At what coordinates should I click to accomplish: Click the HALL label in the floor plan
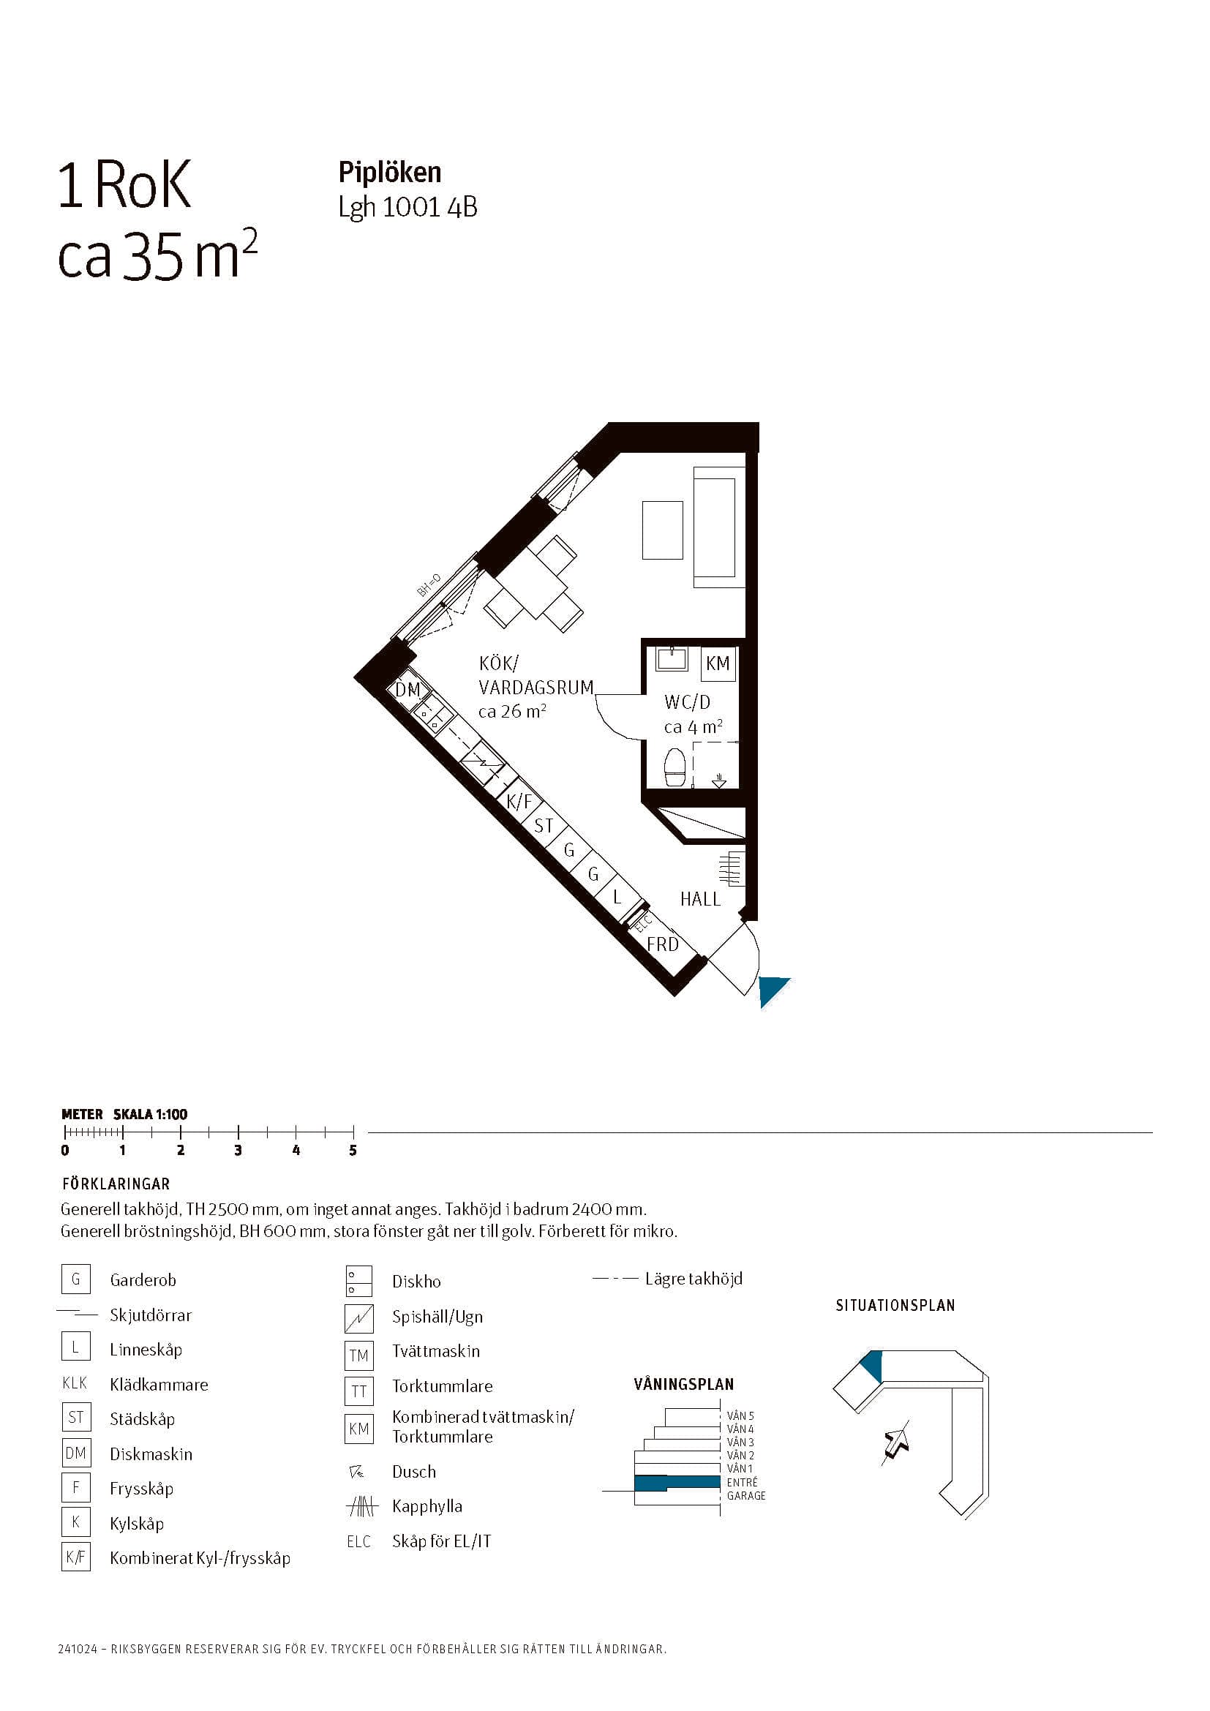click(699, 900)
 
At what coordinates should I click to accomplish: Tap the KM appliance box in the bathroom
click(718, 663)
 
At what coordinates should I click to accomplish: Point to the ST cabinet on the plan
click(543, 826)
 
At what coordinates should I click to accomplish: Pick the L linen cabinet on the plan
click(617, 898)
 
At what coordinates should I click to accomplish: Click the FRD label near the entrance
click(662, 945)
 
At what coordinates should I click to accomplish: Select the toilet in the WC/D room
click(676, 767)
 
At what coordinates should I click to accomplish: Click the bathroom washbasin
click(672, 660)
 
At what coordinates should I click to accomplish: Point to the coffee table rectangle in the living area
click(662, 530)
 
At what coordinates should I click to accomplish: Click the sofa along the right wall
click(719, 527)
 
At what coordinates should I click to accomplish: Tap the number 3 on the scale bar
click(238, 1150)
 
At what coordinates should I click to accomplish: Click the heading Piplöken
click(390, 173)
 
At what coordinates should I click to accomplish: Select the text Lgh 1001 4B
click(407, 208)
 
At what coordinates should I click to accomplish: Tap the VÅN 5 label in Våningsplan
click(740, 1416)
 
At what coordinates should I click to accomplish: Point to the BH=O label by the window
click(429, 585)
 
